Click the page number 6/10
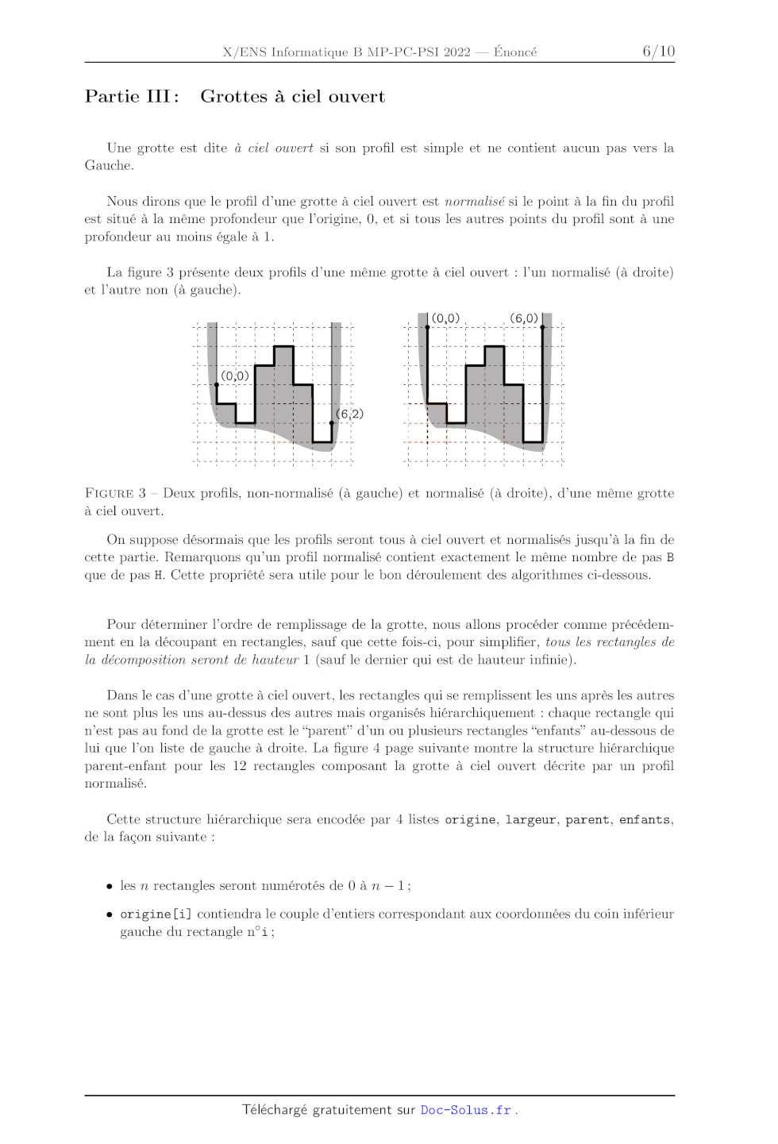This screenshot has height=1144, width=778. pyautogui.click(x=658, y=52)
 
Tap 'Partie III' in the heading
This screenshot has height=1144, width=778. pyautogui.click(x=128, y=97)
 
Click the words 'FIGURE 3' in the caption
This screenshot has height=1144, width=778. pyautogui.click(x=115, y=493)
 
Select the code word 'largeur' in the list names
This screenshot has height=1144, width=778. pyautogui.click(x=530, y=819)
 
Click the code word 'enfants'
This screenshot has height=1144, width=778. pyautogui.click(x=645, y=819)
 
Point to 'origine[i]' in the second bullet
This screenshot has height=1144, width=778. pyautogui.click(x=156, y=915)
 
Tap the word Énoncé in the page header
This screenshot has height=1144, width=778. pyautogui.click(x=515, y=52)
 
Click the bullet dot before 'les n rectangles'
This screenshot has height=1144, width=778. pyautogui.click(x=110, y=886)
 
